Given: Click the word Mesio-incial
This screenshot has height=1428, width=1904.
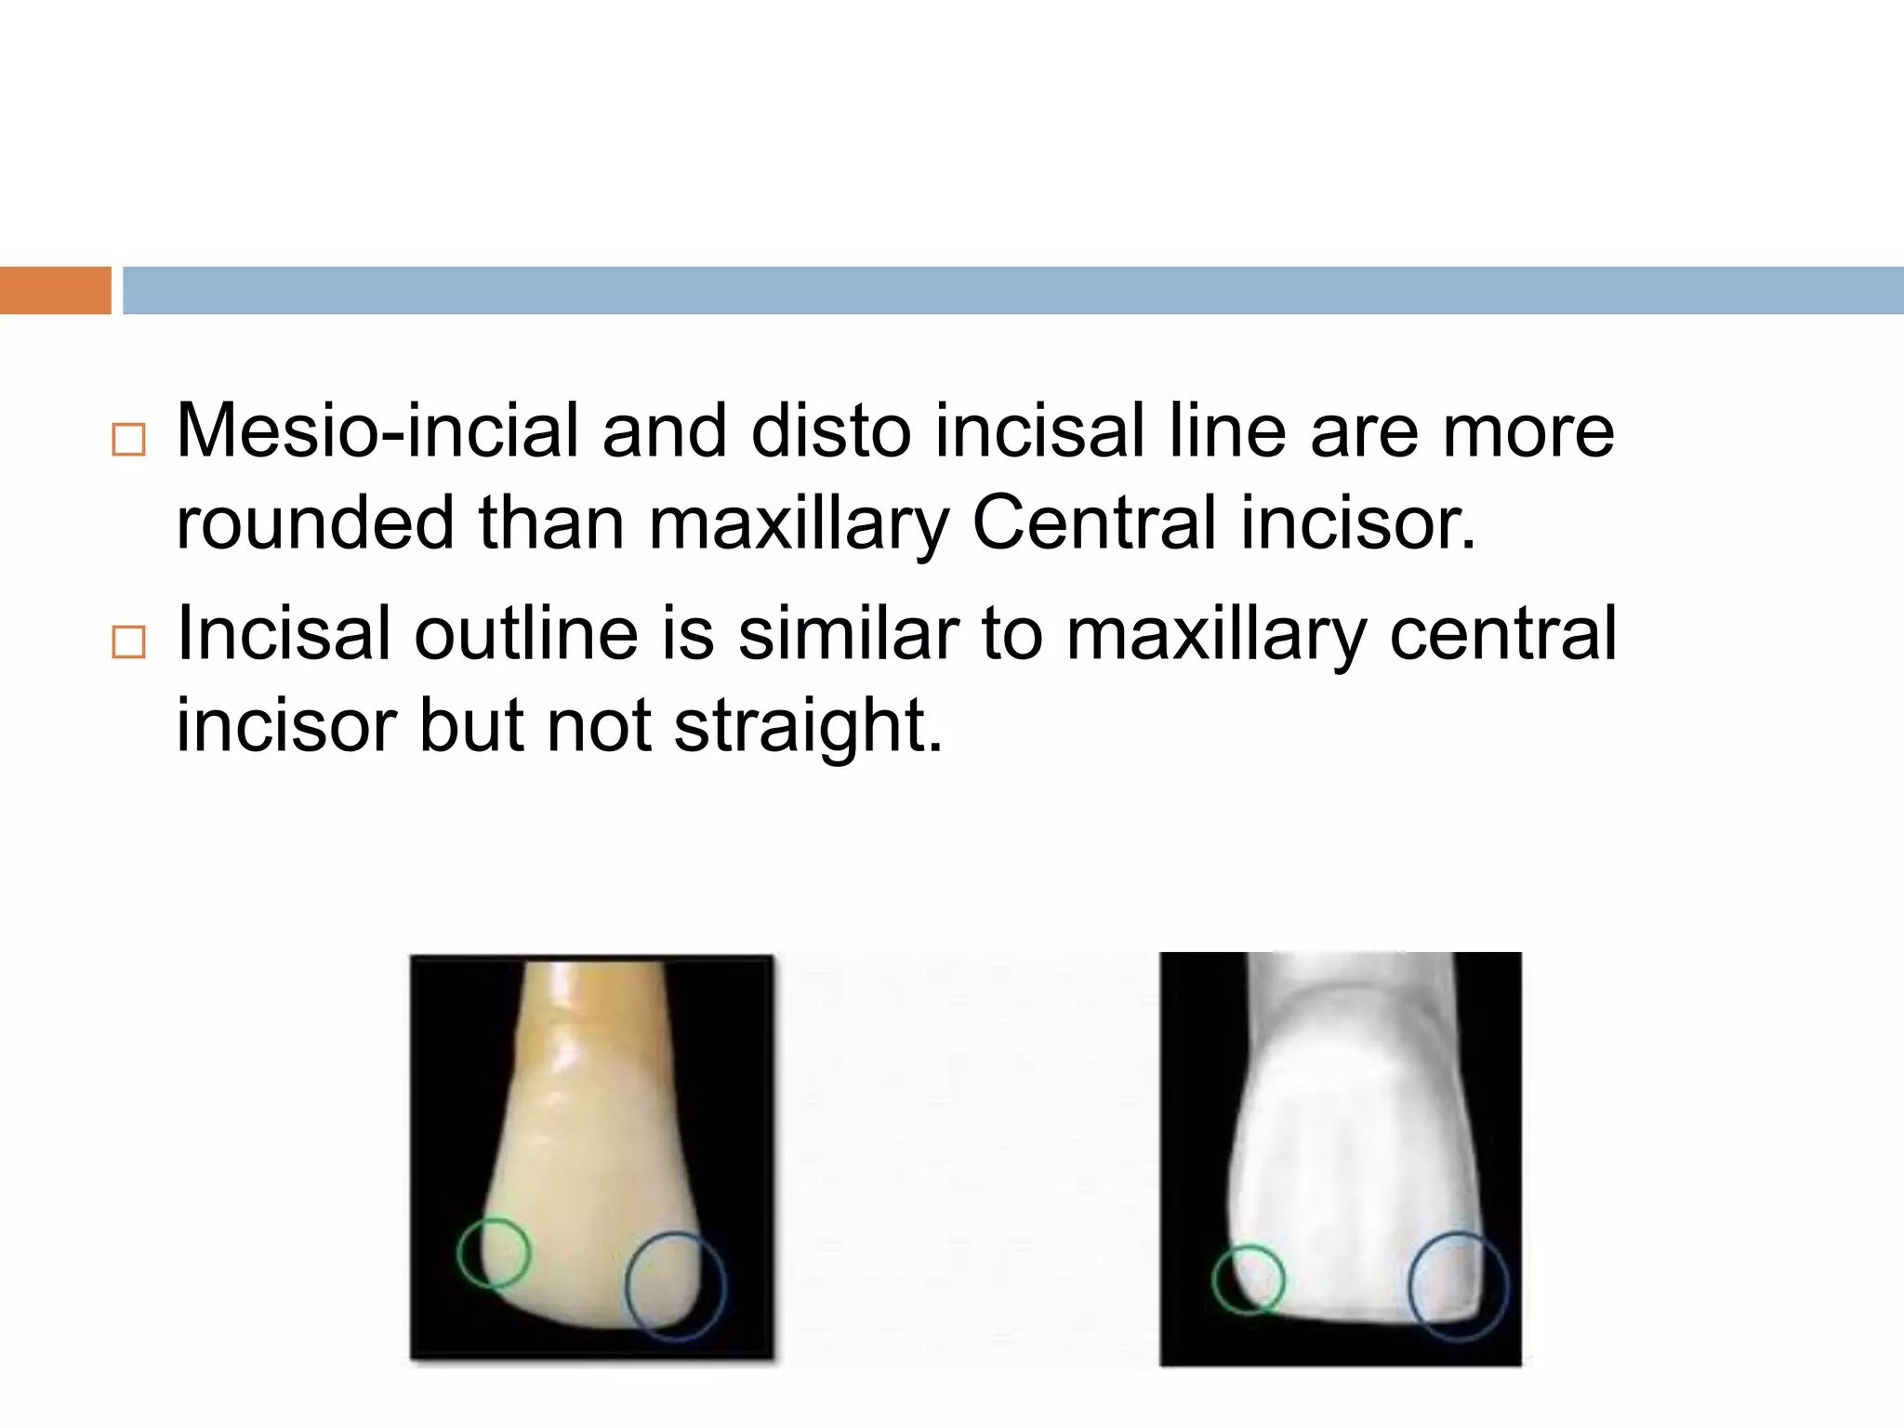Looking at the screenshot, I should [377, 432].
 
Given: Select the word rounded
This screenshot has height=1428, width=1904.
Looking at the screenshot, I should [315, 522].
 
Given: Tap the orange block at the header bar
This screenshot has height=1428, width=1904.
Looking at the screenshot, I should [55, 290].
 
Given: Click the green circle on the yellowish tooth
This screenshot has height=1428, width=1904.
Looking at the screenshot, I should [494, 1252].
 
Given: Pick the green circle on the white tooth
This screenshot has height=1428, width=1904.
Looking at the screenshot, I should [1249, 1279].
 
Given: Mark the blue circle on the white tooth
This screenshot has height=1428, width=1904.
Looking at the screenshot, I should [1459, 1287].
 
